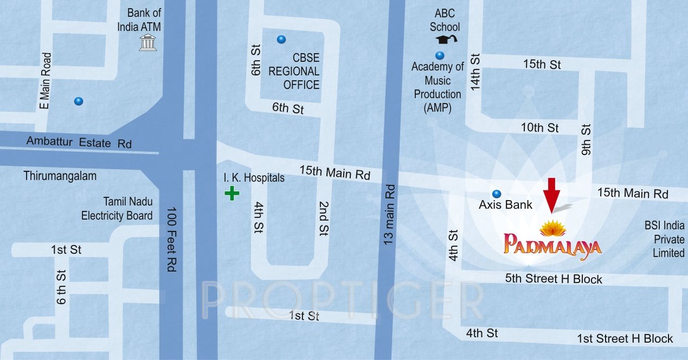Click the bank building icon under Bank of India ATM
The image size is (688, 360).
point(147,43)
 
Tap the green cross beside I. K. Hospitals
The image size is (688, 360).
point(232,193)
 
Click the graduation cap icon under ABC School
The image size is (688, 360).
point(446,39)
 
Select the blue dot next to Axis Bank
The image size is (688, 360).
point(496,194)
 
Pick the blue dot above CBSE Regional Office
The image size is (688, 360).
point(281,39)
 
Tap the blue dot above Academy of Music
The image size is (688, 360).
point(440,55)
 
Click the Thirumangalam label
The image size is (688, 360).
point(60,176)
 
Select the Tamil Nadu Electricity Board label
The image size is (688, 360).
point(117,209)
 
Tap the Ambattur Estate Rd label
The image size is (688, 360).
point(79,143)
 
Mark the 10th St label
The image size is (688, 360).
point(539,128)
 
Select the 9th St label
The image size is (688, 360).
point(586,139)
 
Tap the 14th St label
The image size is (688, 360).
point(475,72)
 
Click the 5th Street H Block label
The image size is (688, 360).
point(554,279)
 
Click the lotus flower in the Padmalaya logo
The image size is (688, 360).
point(552,228)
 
